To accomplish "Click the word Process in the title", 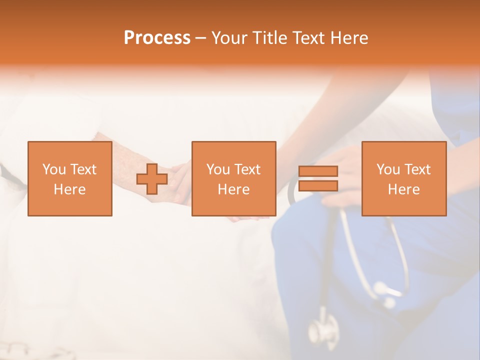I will tap(157, 38).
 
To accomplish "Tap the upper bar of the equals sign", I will tap(318, 171).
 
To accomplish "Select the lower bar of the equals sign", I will tap(318, 186).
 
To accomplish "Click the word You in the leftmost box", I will tap(53, 169).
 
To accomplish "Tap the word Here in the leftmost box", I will tap(69, 189).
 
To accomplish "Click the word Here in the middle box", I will tap(233, 189).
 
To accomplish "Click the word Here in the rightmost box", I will tap(403, 189).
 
